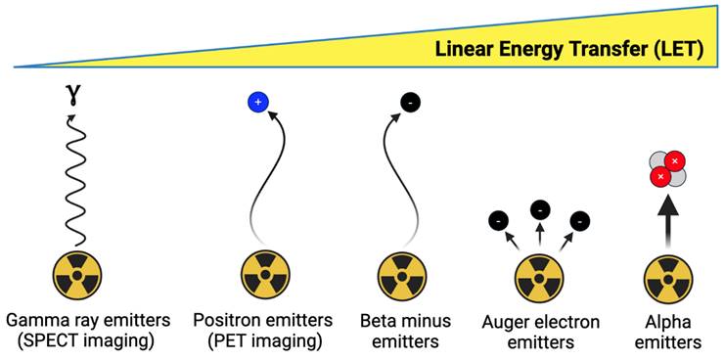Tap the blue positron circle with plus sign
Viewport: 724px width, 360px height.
point(258,102)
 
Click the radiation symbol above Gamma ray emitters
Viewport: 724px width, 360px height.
point(76,275)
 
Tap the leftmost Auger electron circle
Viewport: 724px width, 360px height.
point(499,222)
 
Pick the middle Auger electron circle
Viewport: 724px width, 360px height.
point(539,207)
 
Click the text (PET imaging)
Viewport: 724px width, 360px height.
point(265,341)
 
